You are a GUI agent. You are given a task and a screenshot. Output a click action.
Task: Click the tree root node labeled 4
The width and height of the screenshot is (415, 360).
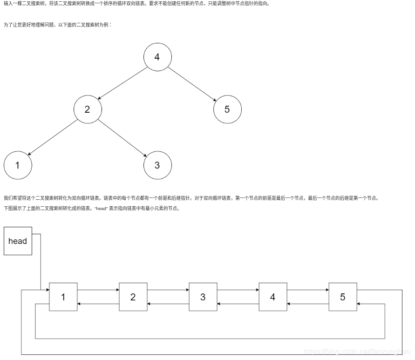(157, 57)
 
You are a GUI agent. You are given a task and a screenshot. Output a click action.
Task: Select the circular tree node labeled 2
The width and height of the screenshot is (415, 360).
(88, 109)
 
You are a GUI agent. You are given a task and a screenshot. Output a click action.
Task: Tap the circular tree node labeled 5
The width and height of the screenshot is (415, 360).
(227, 109)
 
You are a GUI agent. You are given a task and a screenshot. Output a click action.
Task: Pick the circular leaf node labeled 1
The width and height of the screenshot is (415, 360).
(18, 165)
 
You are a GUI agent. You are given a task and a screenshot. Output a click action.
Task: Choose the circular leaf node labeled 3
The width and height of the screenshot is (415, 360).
(157, 165)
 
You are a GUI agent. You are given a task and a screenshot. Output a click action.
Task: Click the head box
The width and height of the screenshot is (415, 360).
(18, 241)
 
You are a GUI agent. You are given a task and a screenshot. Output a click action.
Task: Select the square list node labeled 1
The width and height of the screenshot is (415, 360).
(63, 297)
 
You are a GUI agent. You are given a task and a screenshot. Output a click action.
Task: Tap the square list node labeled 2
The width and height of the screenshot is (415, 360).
(133, 297)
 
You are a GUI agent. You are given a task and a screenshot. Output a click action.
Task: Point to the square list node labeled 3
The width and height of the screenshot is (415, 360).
(203, 297)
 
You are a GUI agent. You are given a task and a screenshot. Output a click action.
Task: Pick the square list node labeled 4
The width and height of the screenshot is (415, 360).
(273, 297)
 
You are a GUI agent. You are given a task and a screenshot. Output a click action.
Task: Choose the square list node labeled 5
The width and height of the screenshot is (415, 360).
(343, 297)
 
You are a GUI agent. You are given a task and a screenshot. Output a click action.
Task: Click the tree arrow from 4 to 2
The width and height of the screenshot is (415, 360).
(122, 83)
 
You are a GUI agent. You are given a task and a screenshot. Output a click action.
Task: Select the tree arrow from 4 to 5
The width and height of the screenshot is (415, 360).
(192, 83)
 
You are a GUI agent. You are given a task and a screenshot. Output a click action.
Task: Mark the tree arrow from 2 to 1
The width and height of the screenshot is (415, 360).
(53, 137)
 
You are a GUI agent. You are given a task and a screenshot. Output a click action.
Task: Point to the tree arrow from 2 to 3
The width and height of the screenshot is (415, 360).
(122, 137)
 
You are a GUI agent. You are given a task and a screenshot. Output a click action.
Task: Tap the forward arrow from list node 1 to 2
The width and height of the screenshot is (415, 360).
(98, 290)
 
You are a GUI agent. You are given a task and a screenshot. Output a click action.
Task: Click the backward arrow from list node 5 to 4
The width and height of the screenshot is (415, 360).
(308, 304)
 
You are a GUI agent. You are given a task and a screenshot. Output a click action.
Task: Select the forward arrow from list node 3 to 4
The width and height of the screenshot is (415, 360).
(238, 290)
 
